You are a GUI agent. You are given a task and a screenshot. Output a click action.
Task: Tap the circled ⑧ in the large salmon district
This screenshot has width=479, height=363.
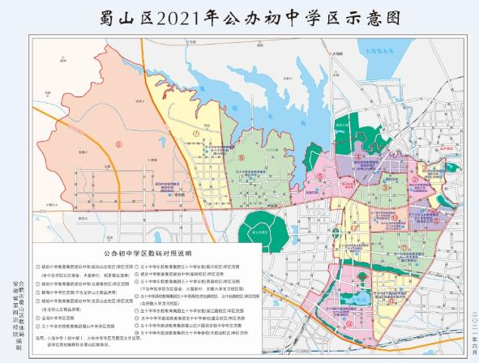tap(118, 146)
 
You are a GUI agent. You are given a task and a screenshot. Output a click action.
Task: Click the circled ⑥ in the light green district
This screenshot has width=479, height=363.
tap(241, 159)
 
